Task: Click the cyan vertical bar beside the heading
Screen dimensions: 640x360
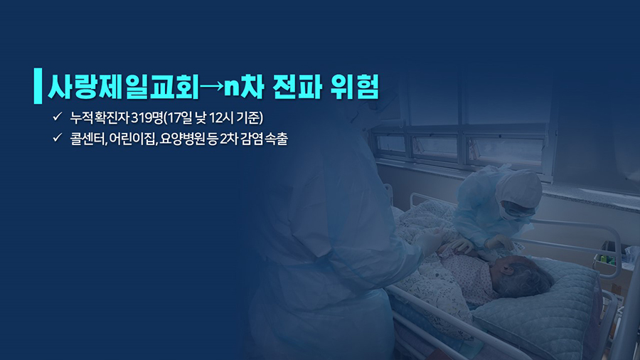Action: tap(38, 85)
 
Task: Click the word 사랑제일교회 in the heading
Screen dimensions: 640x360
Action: tap(123, 87)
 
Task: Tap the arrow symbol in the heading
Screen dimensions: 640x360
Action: tap(212, 86)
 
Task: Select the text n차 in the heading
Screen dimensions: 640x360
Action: tap(244, 87)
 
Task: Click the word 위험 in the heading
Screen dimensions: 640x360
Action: tap(355, 87)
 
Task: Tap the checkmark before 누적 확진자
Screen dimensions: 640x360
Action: tap(57, 117)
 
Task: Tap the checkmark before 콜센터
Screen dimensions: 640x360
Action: tap(57, 137)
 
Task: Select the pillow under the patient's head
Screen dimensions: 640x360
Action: tap(543, 302)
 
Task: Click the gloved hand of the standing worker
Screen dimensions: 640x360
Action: tap(431, 242)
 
